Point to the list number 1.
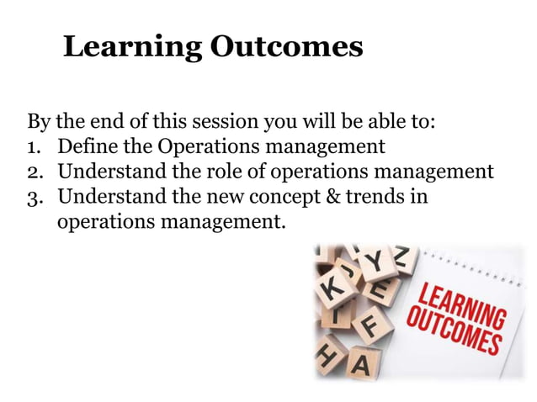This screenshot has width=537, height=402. tap(36, 146)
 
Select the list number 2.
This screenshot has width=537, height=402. tap(36, 172)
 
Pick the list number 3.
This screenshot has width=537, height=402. tap(36, 198)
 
